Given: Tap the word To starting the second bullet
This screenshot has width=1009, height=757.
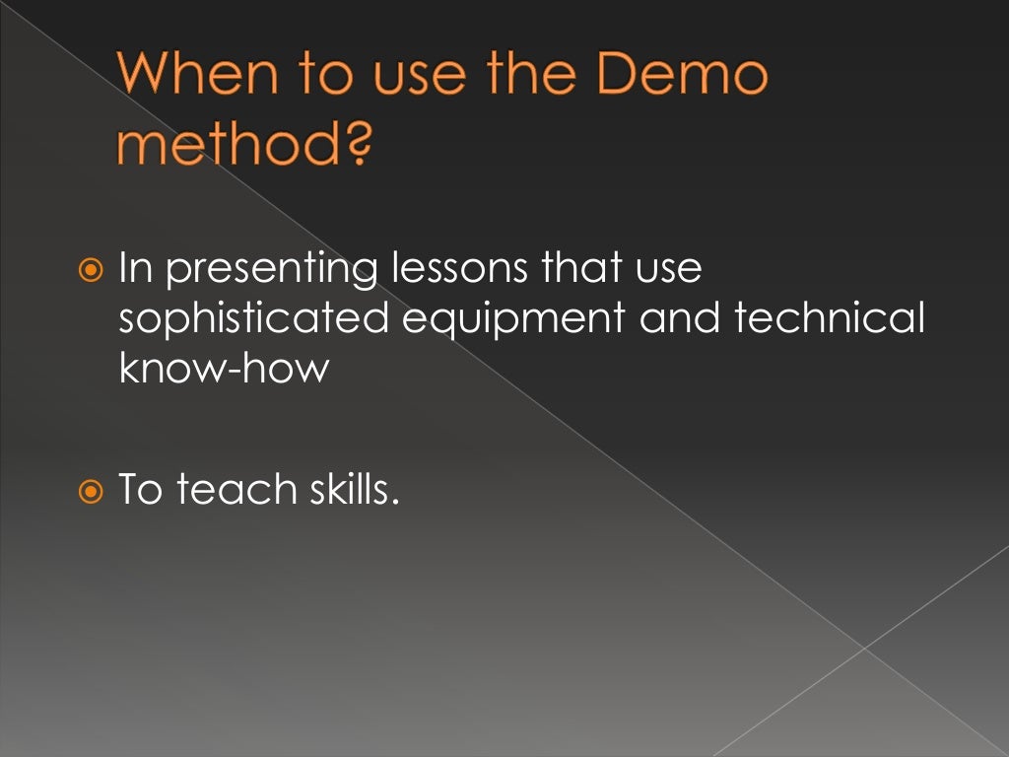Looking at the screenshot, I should (x=139, y=489).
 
